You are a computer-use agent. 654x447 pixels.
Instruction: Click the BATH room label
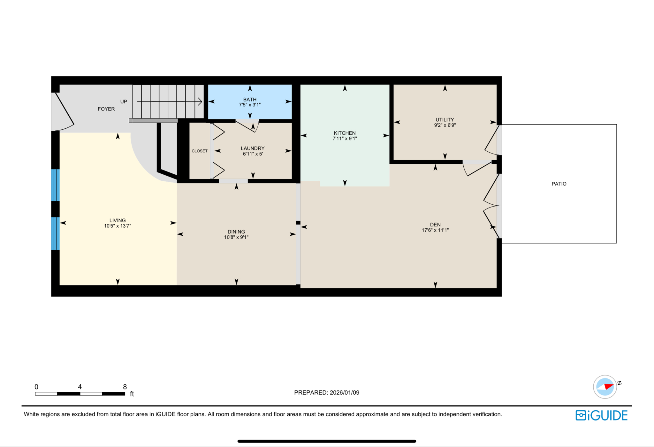(x=249, y=100)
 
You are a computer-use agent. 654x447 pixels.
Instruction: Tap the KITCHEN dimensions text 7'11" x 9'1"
(x=345, y=139)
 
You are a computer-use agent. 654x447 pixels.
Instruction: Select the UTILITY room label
(x=445, y=120)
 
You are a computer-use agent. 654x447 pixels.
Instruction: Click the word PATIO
(x=559, y=184)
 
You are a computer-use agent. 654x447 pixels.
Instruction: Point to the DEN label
(x=435, y=224)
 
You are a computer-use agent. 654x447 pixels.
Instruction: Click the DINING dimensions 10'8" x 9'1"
(x=236, y=237)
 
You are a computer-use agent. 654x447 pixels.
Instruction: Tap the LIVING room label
(x=117, y=220)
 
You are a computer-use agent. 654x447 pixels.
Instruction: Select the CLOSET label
(x=199, y=151)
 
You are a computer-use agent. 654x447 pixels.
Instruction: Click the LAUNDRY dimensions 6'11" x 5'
(x=252, y=154)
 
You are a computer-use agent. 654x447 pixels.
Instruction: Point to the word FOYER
(x=106, y=109)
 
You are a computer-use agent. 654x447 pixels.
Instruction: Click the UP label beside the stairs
(x=124, y=102)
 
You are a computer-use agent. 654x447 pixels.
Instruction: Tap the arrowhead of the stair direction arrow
(x=200, y=102)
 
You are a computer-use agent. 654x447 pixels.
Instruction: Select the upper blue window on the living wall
(x=55, y=185)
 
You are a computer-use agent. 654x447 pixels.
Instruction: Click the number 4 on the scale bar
(x=80, y=387)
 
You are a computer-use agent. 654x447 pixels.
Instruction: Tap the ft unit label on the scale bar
(x=132, y=394)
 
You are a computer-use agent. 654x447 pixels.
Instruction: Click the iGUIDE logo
(x=601, y=415)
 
